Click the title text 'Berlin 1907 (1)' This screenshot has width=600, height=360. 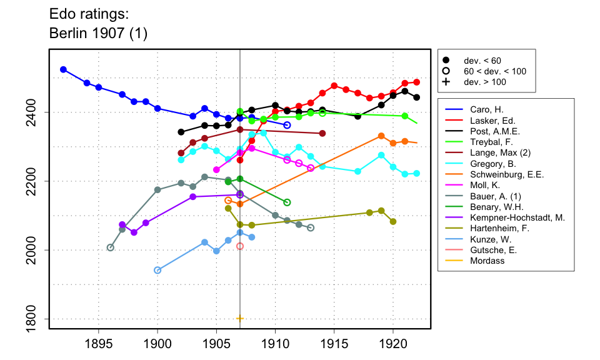click(x=98, y=33)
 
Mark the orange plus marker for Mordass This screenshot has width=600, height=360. click(x=240, y=319)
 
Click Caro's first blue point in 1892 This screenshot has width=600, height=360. click(x=63, y=69)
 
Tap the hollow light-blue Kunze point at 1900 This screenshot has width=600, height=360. click(x=157, y=270)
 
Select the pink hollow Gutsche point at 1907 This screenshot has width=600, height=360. click(x=240, y=246)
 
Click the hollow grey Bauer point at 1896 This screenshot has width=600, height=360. click(x=111, y=247)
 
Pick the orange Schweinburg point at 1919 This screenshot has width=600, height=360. click(x=381, y=136)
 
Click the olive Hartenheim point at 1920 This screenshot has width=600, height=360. click(x=393, y=221)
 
